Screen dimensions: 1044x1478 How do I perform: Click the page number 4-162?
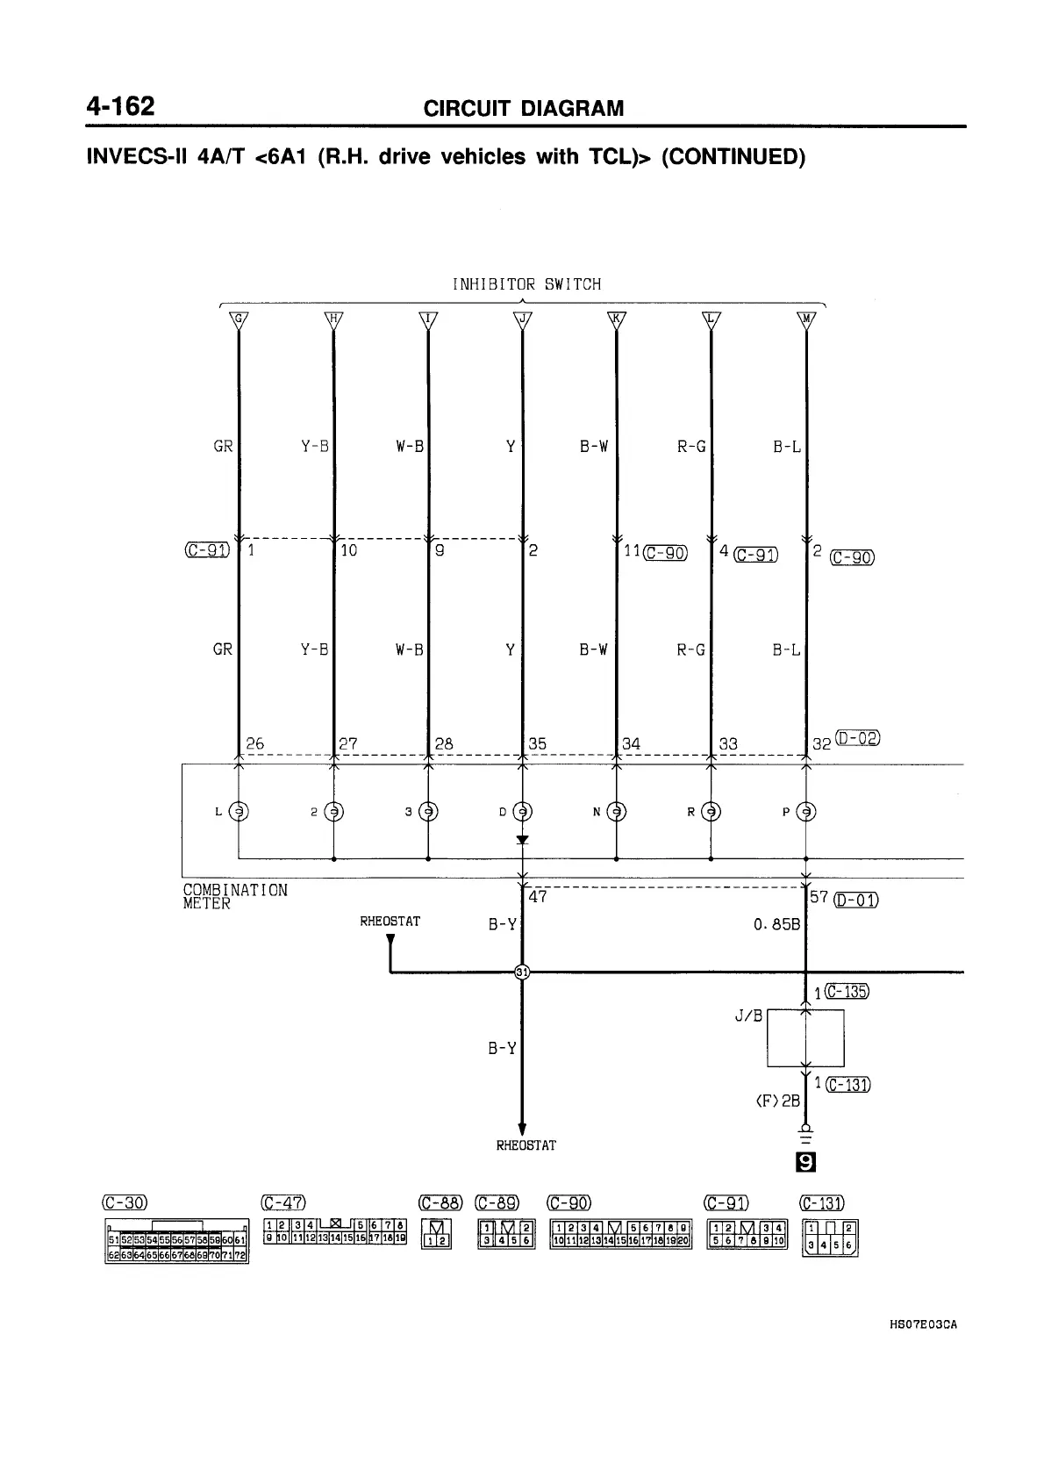[x=120, y=107]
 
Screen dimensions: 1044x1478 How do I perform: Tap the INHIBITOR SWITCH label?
[x=526, y=284]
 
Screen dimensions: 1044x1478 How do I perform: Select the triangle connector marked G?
[x=239, y=319]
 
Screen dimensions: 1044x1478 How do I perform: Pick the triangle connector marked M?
[x=805, y=319]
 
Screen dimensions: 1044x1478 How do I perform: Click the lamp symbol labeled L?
[x=239, y=812]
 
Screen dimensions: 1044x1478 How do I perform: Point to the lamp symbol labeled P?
[x=805, y=812]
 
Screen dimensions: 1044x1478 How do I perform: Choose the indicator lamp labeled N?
[x=617, y=812]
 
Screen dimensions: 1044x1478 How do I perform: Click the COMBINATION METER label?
[x=234, y=896]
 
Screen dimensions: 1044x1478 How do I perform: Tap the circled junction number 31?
[x=522, y=971]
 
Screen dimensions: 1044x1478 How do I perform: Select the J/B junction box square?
[x=805, y=1037]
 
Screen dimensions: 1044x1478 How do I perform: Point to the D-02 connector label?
[x=857, y=737]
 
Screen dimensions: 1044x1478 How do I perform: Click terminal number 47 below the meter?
[x=538, y=897]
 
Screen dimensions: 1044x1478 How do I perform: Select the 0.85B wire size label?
[x=776, y=924]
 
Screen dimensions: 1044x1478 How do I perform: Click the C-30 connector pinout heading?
[x=125, y=1202]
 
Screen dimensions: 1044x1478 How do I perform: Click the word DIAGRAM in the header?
[x=572, y=109]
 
